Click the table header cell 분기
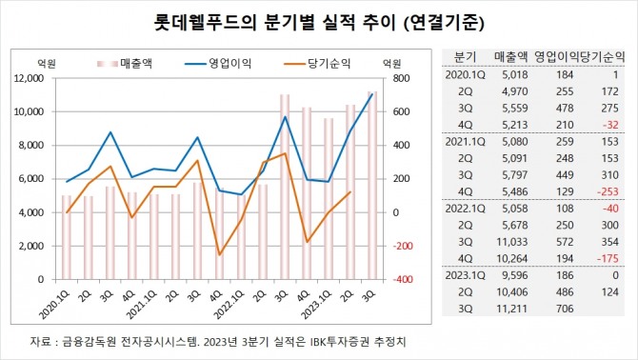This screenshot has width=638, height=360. coord(465,56)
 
